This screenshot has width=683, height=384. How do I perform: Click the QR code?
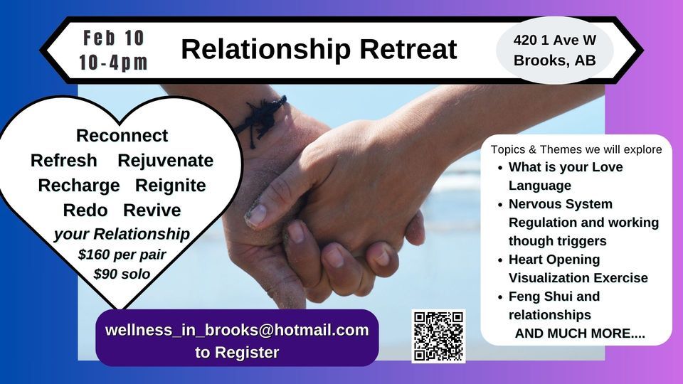coord(439,336)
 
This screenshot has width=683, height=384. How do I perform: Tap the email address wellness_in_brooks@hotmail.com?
coord(237,329)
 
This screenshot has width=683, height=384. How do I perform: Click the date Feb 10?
coord(113,38)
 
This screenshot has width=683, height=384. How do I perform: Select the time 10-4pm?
coord(113,63)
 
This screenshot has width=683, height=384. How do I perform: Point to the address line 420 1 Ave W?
coord(554,40)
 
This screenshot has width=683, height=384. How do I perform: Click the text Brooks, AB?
coord(554,60)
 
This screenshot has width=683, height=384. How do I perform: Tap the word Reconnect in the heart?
coord(122,135)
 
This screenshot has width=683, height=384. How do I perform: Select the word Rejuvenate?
coord(166,161)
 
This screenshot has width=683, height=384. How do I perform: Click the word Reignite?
coord(170,186)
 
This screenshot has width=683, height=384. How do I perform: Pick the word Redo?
coord(85,210)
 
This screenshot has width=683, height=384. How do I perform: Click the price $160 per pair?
coord(122,255)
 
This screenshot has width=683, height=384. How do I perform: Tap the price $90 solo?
coord(122,274)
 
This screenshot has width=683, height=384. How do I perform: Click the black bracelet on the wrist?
coord(261,119)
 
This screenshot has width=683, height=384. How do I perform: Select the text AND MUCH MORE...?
coord(580,334)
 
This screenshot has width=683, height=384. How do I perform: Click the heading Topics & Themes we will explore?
coord(576,149)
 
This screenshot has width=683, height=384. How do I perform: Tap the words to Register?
coord(237,352)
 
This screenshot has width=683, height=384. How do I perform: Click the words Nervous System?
coord(561,204)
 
